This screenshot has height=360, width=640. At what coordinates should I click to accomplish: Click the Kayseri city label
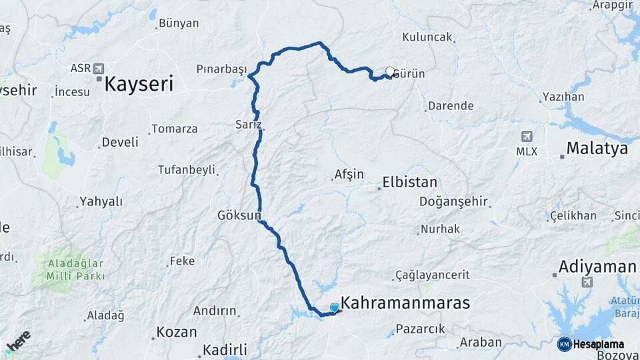click(139, 83)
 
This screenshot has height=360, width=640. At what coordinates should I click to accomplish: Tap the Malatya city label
click(597, 148)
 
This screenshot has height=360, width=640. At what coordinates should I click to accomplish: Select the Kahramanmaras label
click(405, 303)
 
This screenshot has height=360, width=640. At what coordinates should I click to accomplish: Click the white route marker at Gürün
click(390, 71)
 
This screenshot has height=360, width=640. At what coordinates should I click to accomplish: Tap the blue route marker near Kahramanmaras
click(335, 307)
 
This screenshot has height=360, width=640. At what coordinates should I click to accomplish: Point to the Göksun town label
click(239, 215)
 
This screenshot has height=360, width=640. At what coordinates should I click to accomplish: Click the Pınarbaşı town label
click(221, 69)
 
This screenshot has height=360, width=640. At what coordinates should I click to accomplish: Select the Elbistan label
click(409, 182)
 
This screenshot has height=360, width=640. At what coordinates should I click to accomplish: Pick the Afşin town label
click(348, 175)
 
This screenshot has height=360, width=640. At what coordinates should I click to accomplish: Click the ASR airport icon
click(99, 68)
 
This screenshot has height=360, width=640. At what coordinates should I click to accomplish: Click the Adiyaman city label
click(597, 267)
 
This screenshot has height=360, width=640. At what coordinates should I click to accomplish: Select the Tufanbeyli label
click(186, 169)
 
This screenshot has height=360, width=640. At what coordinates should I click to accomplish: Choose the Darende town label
click(451, 105)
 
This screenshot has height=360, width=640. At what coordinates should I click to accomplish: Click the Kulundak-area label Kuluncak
click(427, 37)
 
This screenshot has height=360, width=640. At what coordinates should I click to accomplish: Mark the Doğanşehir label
click(454, 201)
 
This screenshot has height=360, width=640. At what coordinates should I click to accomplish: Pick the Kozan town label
click(176, 332)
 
